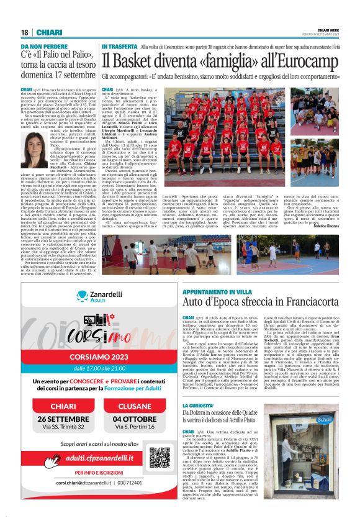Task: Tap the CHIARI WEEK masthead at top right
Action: [x=326, y=30]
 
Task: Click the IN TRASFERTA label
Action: [x=119, y=47]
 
